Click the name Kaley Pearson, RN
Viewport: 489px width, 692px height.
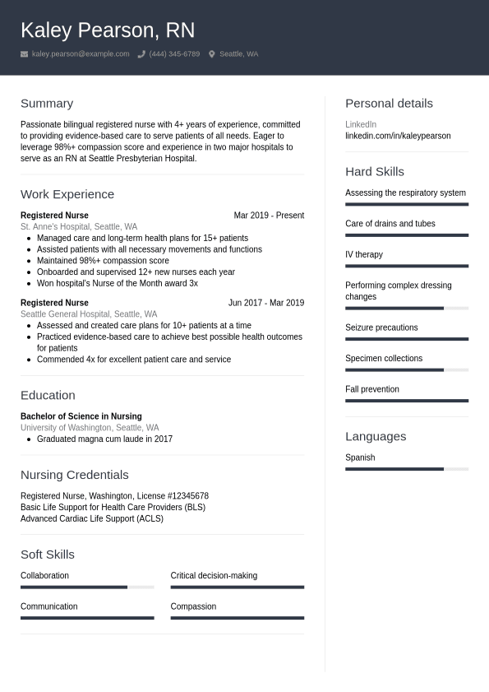point(108,30)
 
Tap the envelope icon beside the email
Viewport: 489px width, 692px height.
point(25,54)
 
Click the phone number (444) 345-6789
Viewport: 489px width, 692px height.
point(174,54)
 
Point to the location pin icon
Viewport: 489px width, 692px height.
point(211,54)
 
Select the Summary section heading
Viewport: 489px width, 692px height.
point(47,104)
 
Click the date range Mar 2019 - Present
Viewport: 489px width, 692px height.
point(269,216)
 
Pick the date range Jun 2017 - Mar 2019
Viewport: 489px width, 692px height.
point(266,303)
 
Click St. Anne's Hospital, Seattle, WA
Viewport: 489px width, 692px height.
point(79,227)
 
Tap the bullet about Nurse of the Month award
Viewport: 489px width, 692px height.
point(118,283)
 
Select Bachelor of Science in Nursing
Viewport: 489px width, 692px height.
point(81,416)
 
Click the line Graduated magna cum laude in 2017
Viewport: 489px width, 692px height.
point(105,439)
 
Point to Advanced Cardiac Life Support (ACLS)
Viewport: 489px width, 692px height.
point(92,519)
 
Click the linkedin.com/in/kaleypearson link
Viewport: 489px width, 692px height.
point(398,136)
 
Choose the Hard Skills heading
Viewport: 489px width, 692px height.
point(375,172)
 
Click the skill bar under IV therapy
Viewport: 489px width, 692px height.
point(407,266)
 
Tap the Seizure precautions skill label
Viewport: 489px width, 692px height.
point(381,327)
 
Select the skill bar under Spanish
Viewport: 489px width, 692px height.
point(407,469)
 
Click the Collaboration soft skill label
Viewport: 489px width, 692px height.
point(45,576)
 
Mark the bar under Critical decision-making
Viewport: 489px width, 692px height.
point(238,587)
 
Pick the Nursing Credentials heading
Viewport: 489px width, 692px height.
point(75,475)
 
